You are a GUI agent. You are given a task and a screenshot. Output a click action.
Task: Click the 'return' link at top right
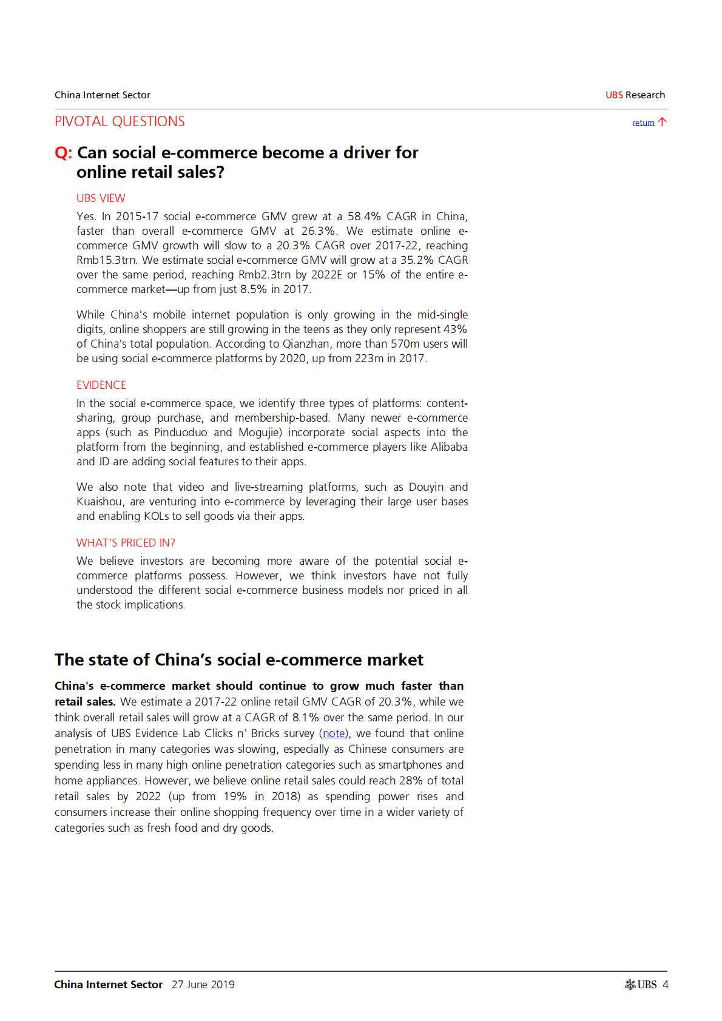pyautogui.click(x=643, y=123)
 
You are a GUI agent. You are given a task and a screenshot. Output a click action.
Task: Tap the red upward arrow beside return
pyautogui.click(x=662, y=122)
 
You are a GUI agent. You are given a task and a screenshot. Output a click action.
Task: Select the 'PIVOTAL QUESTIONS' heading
pyautogui.click(x=120, y=121)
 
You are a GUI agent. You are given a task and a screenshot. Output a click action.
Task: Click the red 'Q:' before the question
pyautogui.click(x=63, y=153)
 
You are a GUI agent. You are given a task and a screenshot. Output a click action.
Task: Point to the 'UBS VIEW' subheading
pyautogui.click(x=101, y=198)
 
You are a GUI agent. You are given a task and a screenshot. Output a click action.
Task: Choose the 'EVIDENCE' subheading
pyautogui.click(x=101, y=385)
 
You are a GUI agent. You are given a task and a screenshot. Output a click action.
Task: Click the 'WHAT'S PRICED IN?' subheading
pyautogui.click(x=126, y=543)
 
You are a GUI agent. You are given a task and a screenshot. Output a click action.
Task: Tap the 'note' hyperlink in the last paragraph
pyautogui.click(x=334, y=733)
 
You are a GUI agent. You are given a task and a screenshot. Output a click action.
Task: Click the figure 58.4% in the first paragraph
pyautogui.click(x=364, y=217)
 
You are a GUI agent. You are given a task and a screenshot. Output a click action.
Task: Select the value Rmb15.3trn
pyautogui.click(x=106, y=260)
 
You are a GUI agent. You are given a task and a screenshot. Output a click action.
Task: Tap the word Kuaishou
pyautogui.click(x=100, y=502)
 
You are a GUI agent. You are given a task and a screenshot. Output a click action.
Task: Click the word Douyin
pyautogui.click(x=427, y=487)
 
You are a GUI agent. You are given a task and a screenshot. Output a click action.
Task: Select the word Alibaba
pyautogui.click(x=449, y=447)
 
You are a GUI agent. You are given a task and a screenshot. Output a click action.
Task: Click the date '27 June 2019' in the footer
pyautogui.click(x=203, y=985)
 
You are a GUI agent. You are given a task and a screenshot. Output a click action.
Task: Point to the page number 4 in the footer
pyautogui.click(x=665, y=985)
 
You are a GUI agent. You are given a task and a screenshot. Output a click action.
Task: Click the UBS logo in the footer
pyautogui.click(x=641, y=985)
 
